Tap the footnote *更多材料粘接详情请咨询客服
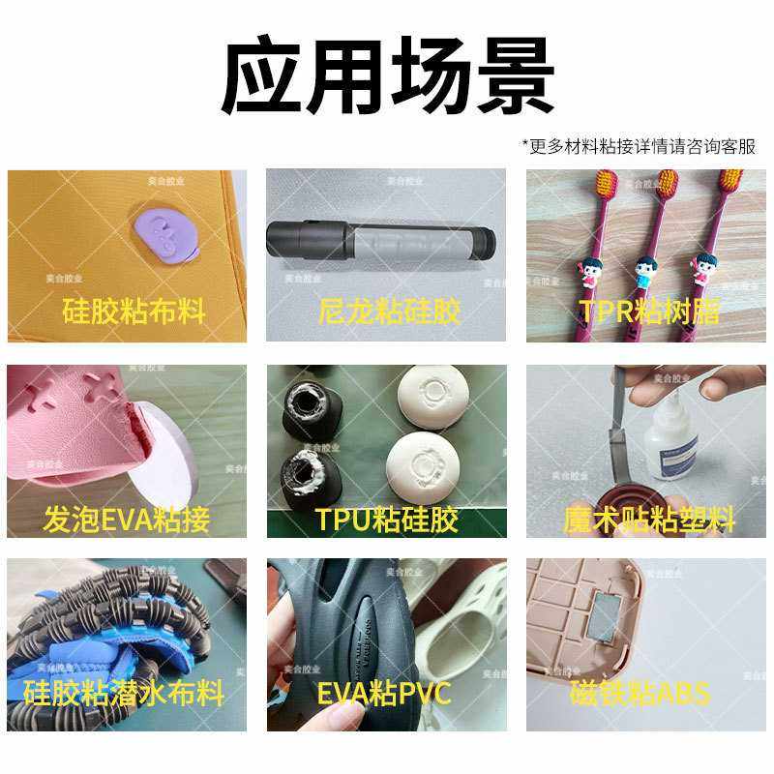(639, 146)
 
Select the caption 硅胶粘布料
(134, 312)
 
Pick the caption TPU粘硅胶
(386, 521)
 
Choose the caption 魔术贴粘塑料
(649, 521)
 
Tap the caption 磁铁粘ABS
(640, 693)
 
